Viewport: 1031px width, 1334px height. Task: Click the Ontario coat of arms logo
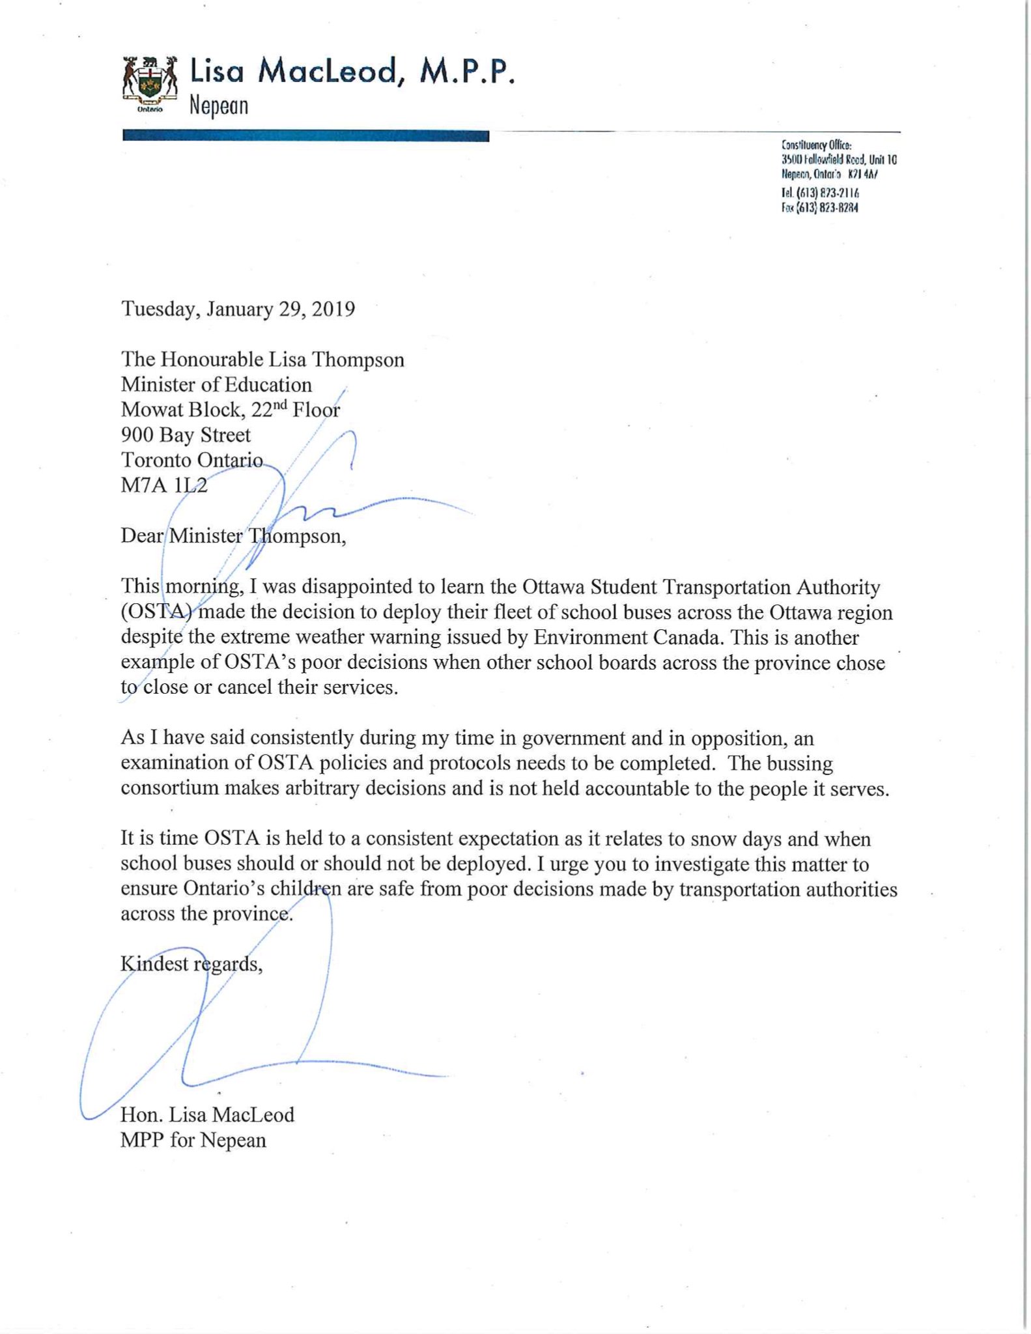(150, 85)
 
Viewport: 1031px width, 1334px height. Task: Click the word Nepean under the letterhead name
(219, 106)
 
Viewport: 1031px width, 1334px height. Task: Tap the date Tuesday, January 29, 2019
(238, 308)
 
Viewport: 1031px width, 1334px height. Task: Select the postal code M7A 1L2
(164, 485)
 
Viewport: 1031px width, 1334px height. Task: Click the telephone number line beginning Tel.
(820, 193)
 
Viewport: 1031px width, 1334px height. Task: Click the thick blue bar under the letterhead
(305, 136)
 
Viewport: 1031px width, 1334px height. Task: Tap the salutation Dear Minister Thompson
(233, 536)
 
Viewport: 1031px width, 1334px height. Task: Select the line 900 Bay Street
(186, 434)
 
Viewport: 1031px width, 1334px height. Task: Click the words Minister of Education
(216, 384)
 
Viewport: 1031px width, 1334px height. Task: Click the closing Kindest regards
(191, 964)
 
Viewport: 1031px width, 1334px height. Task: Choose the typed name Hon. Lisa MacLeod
(207, 1114)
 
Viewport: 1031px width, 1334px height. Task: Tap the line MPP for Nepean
(193, 1140)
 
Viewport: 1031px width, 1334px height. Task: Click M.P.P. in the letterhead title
(466, 72)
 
